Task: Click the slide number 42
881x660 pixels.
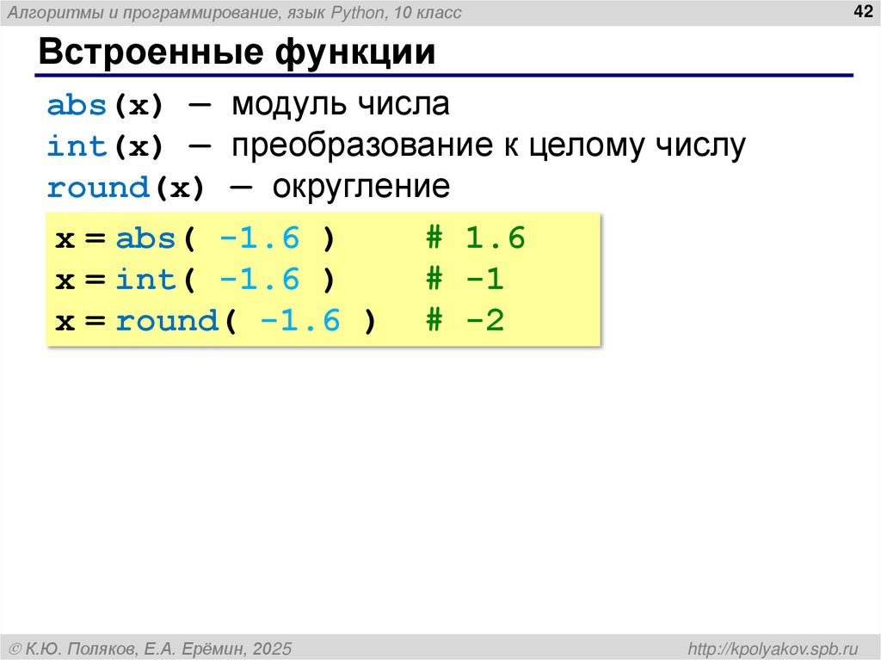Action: tap(861, 11)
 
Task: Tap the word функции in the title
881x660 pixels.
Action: tap(354, 52)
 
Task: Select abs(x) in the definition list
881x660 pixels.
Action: tap(105, 106)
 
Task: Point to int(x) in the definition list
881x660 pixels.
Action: tap(105, 147)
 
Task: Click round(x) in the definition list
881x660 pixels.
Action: tap(126, 188)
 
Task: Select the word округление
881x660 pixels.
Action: tap(361, 188)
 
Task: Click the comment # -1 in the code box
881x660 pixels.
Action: tap(465, 280)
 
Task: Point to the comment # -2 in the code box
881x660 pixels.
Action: tap(465, 321)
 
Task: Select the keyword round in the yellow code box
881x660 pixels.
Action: tap(167, 321)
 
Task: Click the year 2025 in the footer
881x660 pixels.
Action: tap(273, 647)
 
